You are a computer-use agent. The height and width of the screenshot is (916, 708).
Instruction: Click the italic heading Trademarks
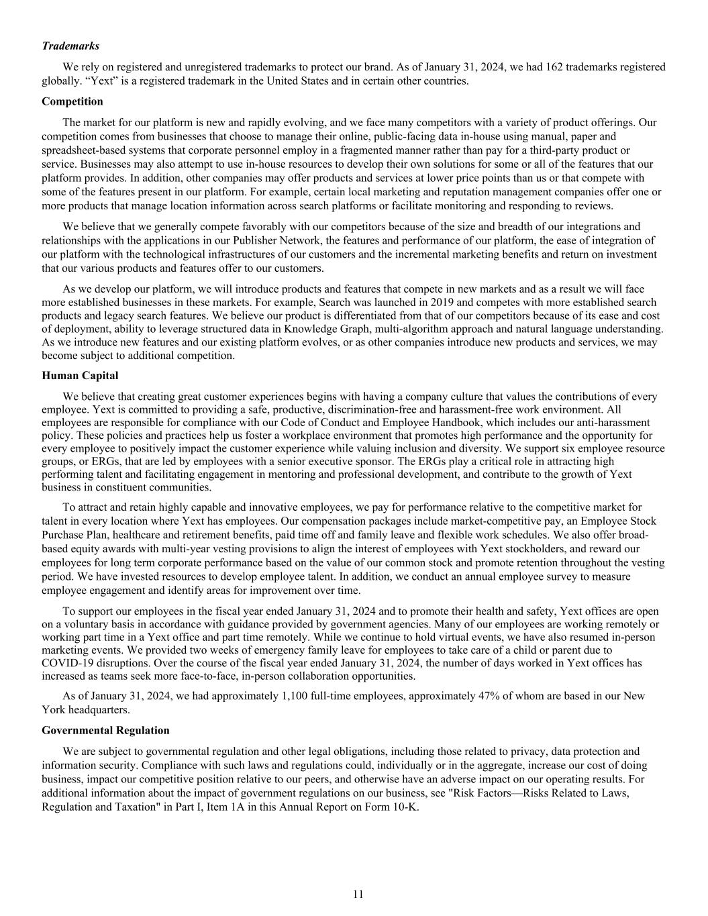[x=70, y=46]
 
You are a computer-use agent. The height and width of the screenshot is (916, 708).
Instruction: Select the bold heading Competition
[x=72, y=101]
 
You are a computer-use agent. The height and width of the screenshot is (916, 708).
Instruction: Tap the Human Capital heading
[x=80, y=375]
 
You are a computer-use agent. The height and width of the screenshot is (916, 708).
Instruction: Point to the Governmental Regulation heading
[x=105, y=730]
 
